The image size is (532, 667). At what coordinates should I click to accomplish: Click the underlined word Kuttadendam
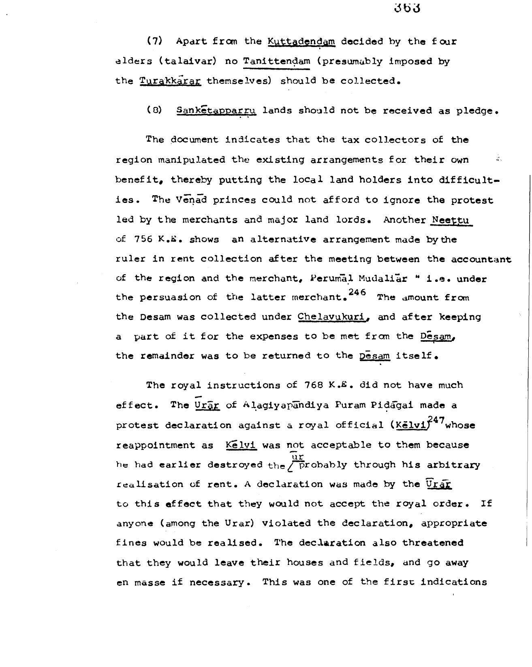click(x=301, y=41)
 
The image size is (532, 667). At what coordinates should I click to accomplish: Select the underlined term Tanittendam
click(x=276, y=62)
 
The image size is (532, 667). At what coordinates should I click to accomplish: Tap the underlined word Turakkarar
click(x=170, y=81)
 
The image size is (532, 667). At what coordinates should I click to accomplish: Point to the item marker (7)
click(x=154, y=41)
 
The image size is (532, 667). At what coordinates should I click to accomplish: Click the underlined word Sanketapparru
click(x=216, y=111)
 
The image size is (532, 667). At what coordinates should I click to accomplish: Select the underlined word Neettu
click(x=451, y=220)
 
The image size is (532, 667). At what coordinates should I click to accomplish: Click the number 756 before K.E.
click(x=143, y=239)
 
